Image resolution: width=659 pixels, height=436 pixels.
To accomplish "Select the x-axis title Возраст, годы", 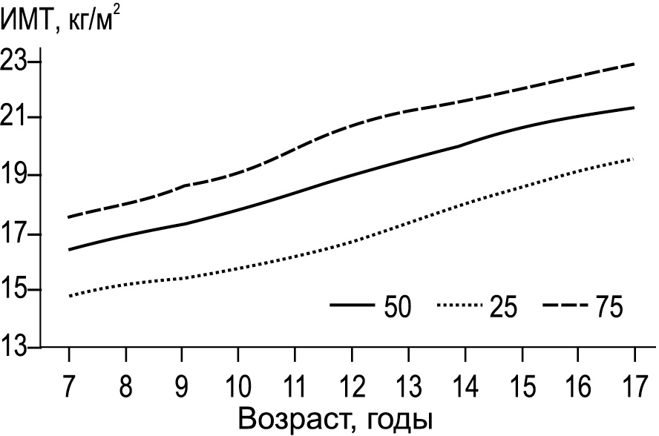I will tap(335, 418).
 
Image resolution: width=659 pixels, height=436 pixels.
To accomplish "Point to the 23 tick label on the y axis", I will tap(17, 62).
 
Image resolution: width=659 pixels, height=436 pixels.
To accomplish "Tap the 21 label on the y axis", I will tap(17, 118).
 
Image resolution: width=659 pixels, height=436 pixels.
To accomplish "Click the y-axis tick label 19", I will tap(17, 176).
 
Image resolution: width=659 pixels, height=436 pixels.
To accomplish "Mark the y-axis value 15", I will tap(17, 290).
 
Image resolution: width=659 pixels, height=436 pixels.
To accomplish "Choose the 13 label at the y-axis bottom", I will tap(17, 347).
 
